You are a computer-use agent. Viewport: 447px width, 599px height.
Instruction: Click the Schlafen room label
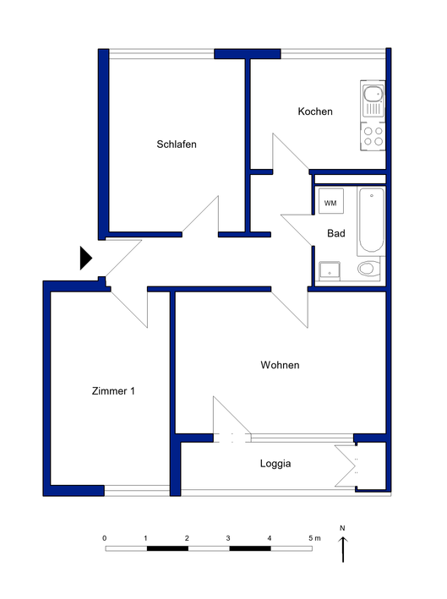tap(177, 144)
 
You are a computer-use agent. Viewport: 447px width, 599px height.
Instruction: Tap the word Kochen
tap(315, 112)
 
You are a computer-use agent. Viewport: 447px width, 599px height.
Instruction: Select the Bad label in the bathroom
tap(336, 233)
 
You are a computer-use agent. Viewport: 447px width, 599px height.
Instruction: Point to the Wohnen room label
tap(280, 365)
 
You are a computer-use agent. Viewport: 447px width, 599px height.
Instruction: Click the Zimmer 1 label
tap(113, 391)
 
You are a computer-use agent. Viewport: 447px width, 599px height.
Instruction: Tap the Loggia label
tap(275, 463)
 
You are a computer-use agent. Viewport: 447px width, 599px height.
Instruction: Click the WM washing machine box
tap(331, 201)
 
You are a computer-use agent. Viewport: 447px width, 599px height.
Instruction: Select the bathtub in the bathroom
tap(371, 221)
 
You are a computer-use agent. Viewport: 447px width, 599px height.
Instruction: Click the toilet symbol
tap(368, 269)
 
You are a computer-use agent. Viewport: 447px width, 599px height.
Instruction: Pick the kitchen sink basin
tap(373, 94)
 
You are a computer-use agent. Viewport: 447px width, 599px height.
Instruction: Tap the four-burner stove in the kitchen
tap(373, 136)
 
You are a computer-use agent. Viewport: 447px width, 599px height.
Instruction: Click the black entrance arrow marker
tap(86, 259)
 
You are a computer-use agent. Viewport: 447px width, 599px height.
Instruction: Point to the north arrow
tap(343, 549)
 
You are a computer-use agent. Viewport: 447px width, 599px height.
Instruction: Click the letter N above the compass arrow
tap(342, 528)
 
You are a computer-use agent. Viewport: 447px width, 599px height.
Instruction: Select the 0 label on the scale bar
tap(105, 538)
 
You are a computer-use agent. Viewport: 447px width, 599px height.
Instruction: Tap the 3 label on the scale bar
tap(228, 538)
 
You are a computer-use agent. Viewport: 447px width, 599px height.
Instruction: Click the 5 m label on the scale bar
tap(314, 538)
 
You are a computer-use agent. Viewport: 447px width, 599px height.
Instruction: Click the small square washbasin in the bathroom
tap(330, 271)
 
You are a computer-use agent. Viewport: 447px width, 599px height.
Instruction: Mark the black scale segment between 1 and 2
tap(167, 548)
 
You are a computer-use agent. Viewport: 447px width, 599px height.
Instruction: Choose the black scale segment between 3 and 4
tap(250, 548)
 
